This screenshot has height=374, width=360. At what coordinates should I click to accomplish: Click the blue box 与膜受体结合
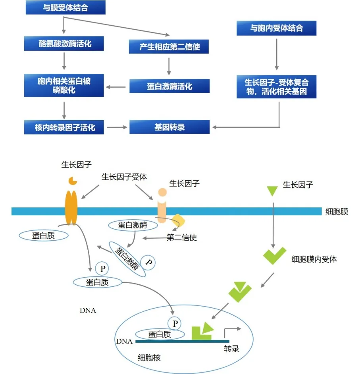coord(65,8)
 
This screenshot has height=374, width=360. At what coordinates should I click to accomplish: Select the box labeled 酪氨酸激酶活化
coord(64,43)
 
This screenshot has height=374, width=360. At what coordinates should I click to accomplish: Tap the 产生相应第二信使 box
coord(169,47)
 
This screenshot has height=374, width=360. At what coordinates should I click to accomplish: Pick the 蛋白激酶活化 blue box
coord(169,86)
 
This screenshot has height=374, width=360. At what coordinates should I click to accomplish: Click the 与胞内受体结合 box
coord(276,29)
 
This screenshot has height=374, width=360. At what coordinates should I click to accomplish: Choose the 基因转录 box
coord(169,127)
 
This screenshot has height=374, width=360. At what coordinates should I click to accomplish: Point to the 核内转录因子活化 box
coord(64,128)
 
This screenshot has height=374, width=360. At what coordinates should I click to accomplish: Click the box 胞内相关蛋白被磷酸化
coord(64,85)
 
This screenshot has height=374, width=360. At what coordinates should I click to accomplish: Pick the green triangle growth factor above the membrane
coord(272,191)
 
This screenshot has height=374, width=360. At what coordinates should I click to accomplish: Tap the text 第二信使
coord(182,238)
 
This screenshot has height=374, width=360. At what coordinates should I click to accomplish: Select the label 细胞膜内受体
coord(314,259)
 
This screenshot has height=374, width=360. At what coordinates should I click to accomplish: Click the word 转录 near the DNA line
coord(231,349)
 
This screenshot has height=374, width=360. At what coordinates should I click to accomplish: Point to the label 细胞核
coord(149,357)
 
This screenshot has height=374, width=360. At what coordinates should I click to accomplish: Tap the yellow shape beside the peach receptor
coord(178,221)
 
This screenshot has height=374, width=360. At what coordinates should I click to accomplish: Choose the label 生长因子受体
coord(124,177)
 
